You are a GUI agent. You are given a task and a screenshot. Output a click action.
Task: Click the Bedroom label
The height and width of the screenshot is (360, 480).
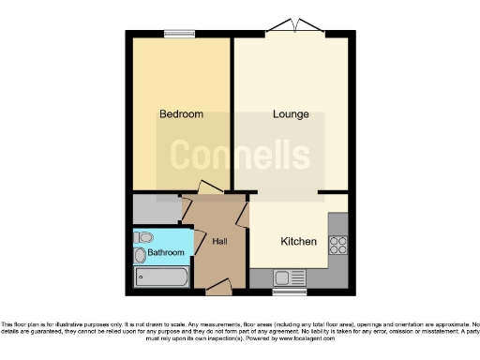pos(181,114)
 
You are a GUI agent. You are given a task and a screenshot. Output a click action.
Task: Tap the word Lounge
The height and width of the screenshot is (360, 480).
pos(291,114)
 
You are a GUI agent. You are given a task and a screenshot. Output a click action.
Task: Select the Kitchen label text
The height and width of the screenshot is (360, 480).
pos(299,241)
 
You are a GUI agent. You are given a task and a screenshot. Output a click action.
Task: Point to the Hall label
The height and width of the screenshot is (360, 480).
pos(220,242)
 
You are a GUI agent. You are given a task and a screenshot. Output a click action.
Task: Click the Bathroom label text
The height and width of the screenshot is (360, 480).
pos(165,253)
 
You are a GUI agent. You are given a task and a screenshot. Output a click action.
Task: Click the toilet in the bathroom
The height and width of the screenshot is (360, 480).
pos(143,236)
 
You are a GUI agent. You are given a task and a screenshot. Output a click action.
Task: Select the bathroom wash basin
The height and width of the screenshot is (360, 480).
pos(141,254)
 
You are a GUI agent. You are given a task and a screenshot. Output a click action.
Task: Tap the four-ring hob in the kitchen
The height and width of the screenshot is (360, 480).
pos(337,246)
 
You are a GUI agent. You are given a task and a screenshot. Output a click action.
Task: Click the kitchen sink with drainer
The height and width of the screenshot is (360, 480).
pos(283,277)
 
